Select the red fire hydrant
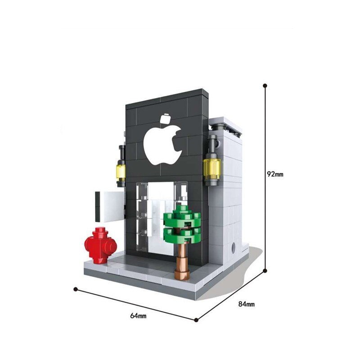coord(100,245)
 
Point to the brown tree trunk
coord(183,257)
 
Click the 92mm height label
coord(275,174)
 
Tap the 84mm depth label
coord(246,304)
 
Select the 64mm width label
coord(138,316)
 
